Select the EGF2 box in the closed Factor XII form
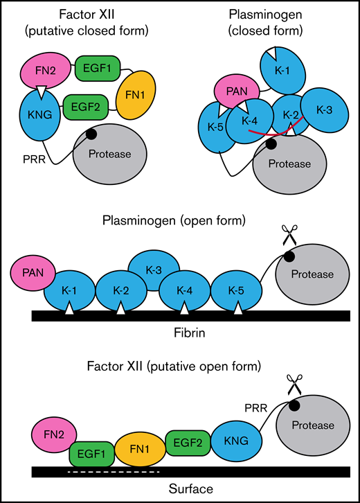(x=84, y=107)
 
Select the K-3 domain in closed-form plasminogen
(x=323, y=109)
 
